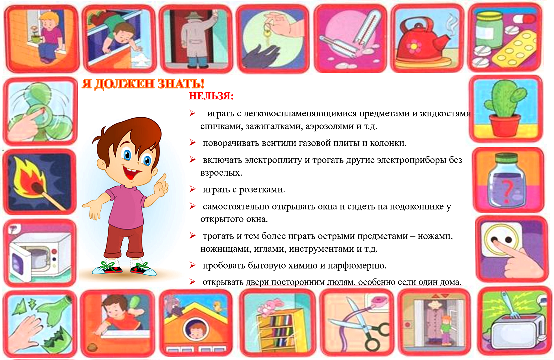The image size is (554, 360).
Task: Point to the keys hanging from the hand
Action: [267, 33]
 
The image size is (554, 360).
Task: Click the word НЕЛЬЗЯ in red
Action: [211, 96]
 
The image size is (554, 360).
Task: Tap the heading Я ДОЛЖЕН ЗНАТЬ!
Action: [143, 84]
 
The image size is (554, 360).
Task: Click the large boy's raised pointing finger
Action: [162, 179]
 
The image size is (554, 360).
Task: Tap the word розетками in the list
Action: [262, 190]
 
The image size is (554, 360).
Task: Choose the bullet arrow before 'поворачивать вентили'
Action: [192, 142]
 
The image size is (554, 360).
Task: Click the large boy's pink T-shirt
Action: [126, 207]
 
